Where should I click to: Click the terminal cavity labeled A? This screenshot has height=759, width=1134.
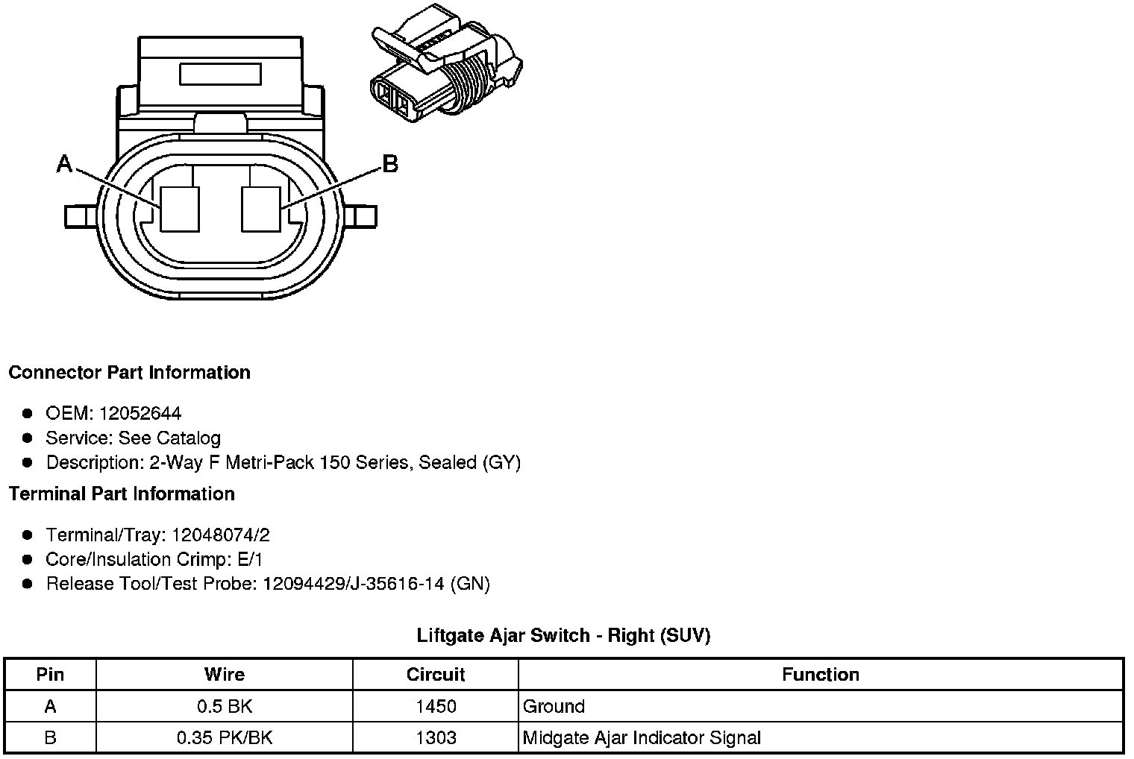click(x=180, y=208)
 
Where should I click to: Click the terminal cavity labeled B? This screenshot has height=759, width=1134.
click(x=261, y=208)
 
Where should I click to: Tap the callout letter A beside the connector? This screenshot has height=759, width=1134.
click(x=65, y=164)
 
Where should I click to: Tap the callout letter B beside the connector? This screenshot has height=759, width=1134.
click(x=389, y=164)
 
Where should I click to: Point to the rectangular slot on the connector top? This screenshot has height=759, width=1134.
click(x=220, y=75)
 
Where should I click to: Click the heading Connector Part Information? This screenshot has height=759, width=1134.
click(x=129, y=372)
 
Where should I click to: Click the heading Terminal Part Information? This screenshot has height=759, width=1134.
click(x=122, y=494)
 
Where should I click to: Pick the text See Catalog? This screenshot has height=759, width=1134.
click(x=169, y=438)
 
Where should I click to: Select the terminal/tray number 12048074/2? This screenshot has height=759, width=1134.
click(x=221, y=535)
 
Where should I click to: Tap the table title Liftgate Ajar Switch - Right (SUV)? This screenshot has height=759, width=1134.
click(x=563, y=635)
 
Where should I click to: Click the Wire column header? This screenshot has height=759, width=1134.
click(x=224, y=675)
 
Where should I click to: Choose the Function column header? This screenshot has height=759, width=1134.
click(x=821, y=675)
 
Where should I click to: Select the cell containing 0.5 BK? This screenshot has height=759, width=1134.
click(x=224, y=706)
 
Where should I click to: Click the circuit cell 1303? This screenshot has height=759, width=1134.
click(x=436, y=738)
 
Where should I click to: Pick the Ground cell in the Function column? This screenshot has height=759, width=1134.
click(x=554, y=706)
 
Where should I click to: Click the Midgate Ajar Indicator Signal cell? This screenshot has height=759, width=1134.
click(x=642, y=738)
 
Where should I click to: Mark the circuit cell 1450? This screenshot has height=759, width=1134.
click(x=436, y=706)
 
